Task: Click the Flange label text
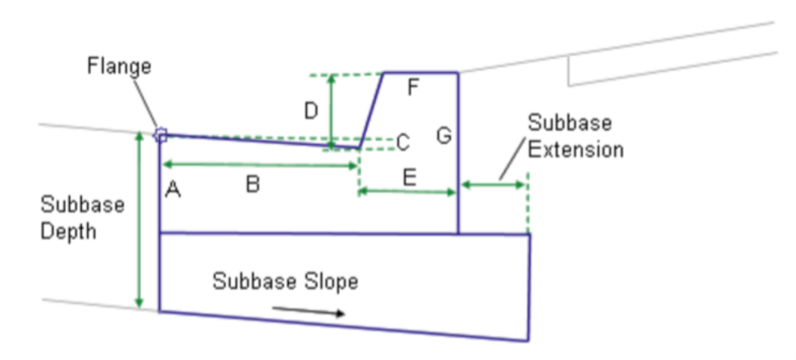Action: tap(119, 67)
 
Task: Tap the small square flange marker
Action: tap(161, 135)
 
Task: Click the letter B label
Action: tap(253, 184)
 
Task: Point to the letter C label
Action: tap(403, 142)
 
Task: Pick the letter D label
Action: tap(311, 111)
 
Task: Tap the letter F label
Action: tap(413, 89)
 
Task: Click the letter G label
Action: tap(443, 136)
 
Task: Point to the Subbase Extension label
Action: tap(575, 136)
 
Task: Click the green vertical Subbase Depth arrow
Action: tap(139, 220)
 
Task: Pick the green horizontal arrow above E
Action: tap(407, 193)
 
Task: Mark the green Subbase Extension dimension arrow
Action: tap(493, 184)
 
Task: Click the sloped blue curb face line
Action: tap(371, 108)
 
